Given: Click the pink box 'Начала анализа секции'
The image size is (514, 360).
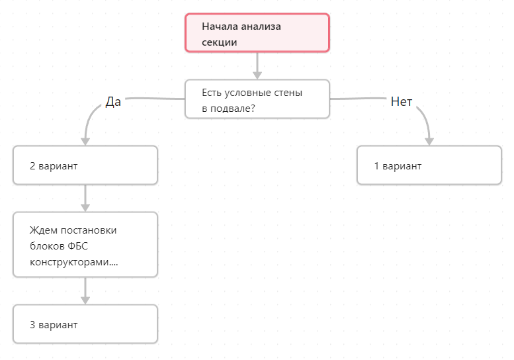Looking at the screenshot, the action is point(257,33).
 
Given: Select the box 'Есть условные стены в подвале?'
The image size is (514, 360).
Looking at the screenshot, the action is point(257,99).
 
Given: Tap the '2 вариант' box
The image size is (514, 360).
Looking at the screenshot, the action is point(85,165).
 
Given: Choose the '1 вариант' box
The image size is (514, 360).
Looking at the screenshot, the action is point(429,165).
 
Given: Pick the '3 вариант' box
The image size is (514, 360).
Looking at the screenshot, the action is point(85,324).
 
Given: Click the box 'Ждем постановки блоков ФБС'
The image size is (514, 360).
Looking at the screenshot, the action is point(85,245).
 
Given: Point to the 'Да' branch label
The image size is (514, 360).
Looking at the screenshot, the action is point(113,102).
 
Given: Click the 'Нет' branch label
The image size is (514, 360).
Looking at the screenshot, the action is point(402,102).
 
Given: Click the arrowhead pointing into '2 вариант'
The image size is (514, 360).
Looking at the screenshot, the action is point(85,142).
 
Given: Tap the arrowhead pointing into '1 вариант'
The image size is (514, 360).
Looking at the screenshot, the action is point(429,142).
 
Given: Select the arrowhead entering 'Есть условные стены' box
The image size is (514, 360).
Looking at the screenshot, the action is point(257,75).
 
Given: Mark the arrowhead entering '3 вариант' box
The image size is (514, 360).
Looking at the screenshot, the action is point(85,300).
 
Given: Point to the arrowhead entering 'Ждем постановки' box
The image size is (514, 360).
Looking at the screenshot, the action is point(85,208).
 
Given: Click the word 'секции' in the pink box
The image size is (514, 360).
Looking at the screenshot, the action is point(220,42).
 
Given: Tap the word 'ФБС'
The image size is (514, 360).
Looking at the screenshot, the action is point(77,246).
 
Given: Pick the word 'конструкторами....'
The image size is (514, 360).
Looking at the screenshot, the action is point(73,262).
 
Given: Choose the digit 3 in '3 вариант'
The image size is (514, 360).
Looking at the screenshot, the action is point(32,324).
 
